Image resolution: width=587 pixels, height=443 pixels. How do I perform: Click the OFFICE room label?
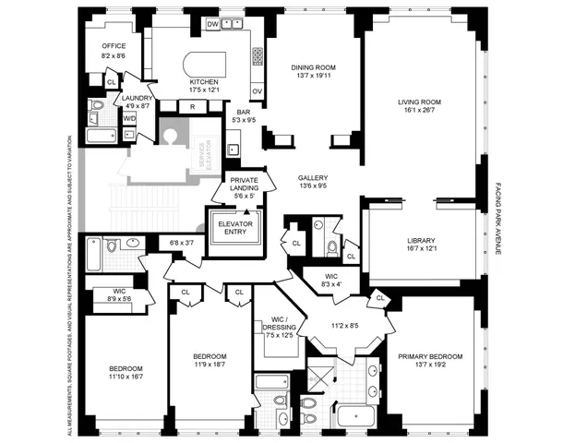click(x=114, y=45)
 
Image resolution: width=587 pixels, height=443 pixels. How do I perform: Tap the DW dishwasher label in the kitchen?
click(x=212, y=22)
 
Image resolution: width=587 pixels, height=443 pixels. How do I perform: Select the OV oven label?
click(x=258, y=91)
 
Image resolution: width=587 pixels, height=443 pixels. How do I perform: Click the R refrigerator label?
click(x=192, y=107)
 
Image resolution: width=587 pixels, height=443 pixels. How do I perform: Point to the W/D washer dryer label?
click(x=129, y=118)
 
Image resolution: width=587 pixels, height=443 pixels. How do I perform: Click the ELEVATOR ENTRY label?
click(x=234, y=228)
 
